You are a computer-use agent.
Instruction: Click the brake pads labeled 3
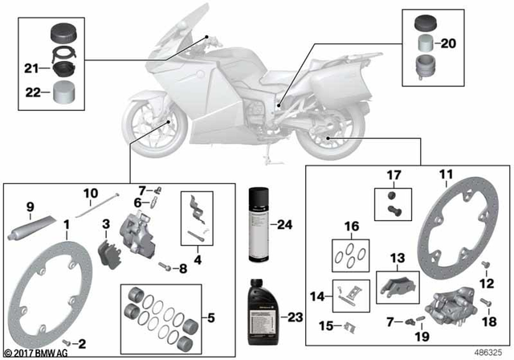tap(107, 248)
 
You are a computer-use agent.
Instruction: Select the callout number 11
tap(446, 174)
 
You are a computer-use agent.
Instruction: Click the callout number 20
tap(448, 43)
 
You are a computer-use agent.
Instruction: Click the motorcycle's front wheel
tap(148, 129)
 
